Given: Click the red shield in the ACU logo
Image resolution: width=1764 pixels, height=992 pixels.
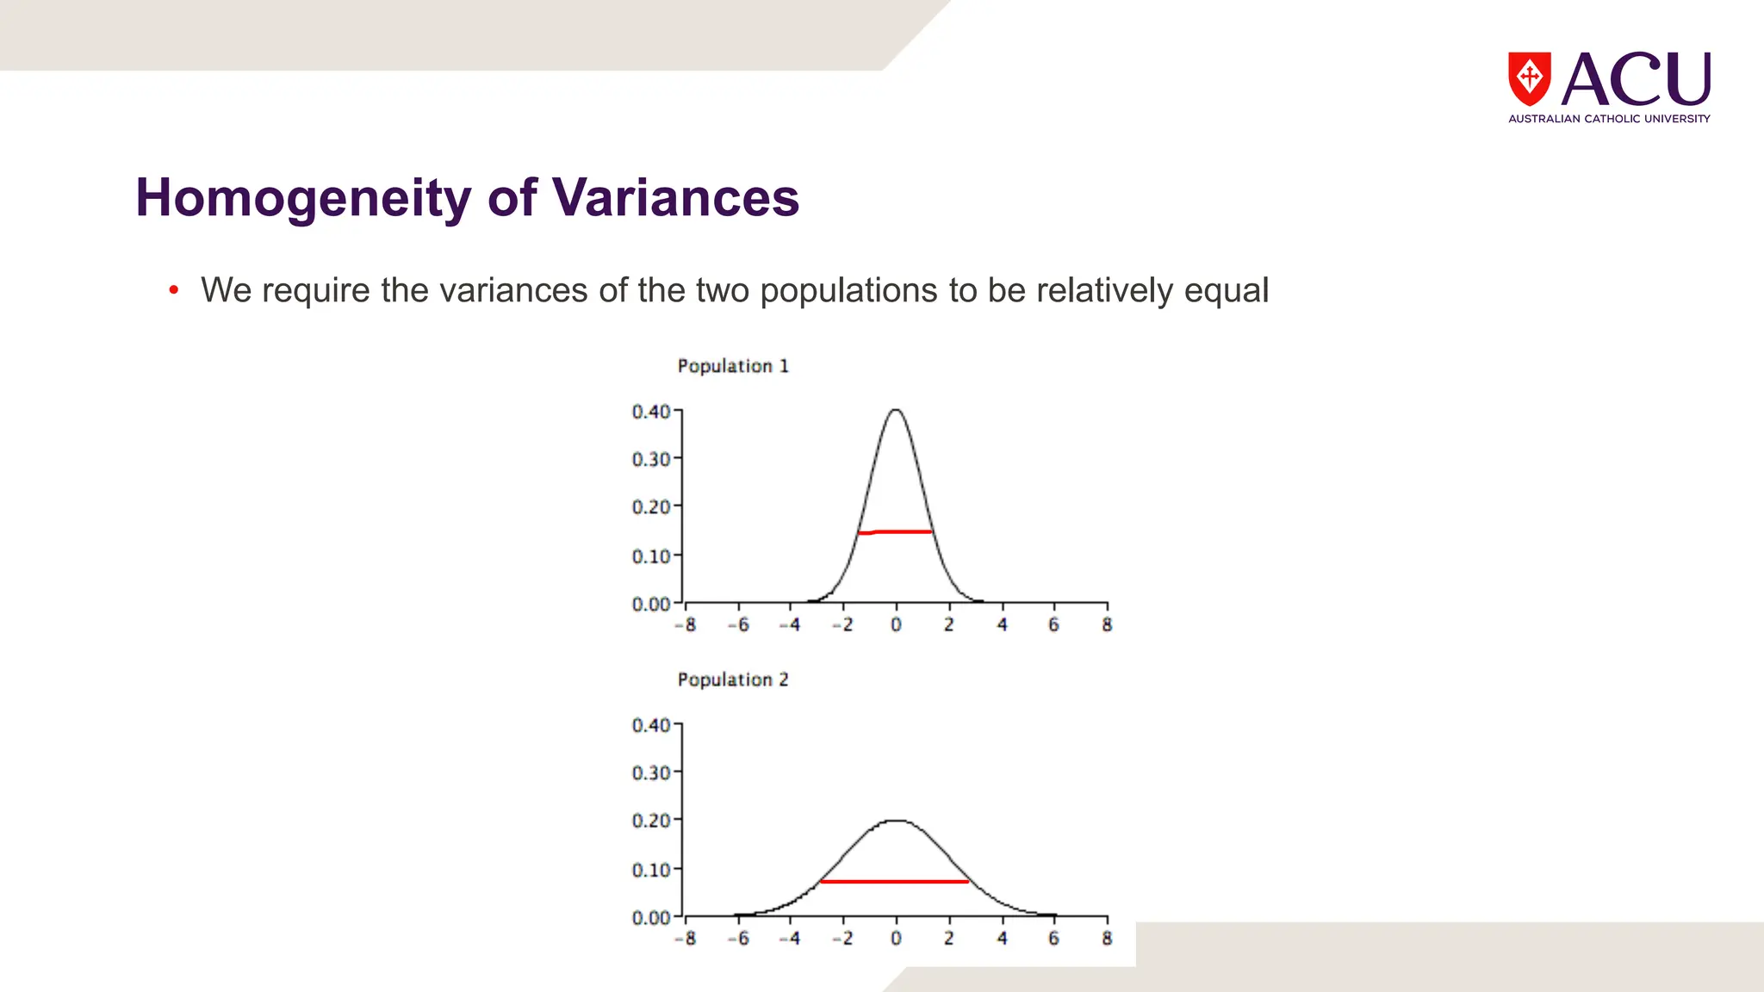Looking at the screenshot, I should tap(1529, 78).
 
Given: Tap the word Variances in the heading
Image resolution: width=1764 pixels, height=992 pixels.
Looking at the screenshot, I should tap(675, 198).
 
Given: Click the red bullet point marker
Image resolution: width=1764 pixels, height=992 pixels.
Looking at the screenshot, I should tap(174, 290).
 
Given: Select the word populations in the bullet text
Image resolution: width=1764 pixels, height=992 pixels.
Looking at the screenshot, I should tap(848, 291).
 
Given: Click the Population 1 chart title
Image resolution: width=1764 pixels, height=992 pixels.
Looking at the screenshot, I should tap(733, 366).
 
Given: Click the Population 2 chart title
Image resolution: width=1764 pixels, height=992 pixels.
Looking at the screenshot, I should tap(733, 679).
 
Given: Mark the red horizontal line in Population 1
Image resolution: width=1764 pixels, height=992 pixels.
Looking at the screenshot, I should tap(896, 532).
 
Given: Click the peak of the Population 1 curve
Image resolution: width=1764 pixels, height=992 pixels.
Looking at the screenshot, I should tap(896, 410).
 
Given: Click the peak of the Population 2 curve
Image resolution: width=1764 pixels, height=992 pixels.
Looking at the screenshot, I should tap(896, 821).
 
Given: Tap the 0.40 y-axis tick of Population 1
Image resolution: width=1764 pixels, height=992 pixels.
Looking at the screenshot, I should tap(651, 412).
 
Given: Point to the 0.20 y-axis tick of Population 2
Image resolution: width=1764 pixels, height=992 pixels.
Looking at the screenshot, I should tap(651, 820).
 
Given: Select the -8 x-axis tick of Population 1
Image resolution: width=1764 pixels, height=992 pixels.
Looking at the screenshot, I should tap(686, 625).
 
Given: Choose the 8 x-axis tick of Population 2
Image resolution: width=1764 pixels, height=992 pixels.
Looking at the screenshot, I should tap(1107, 939).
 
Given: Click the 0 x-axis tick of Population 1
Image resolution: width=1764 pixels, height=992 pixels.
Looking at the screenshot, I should tap(896, 625).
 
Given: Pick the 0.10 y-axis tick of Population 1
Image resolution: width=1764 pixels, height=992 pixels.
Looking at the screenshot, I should tap(651, 556).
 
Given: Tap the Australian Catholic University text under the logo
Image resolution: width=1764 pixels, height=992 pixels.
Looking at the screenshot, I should tap(1609, 119).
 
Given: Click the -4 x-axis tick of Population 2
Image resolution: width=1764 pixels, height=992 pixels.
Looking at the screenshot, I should tap(790, 939).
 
